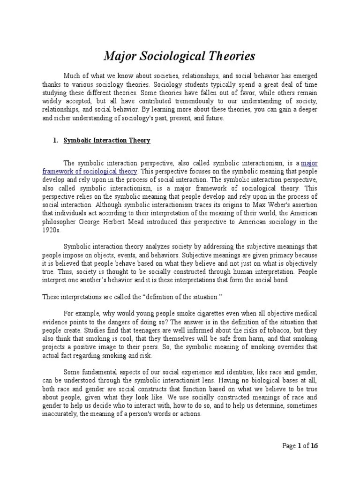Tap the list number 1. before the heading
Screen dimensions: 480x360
(x=54, y=140)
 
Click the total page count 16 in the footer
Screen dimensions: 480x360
(x=314, y=446)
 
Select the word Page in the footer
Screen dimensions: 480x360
(x=289, y=446)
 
